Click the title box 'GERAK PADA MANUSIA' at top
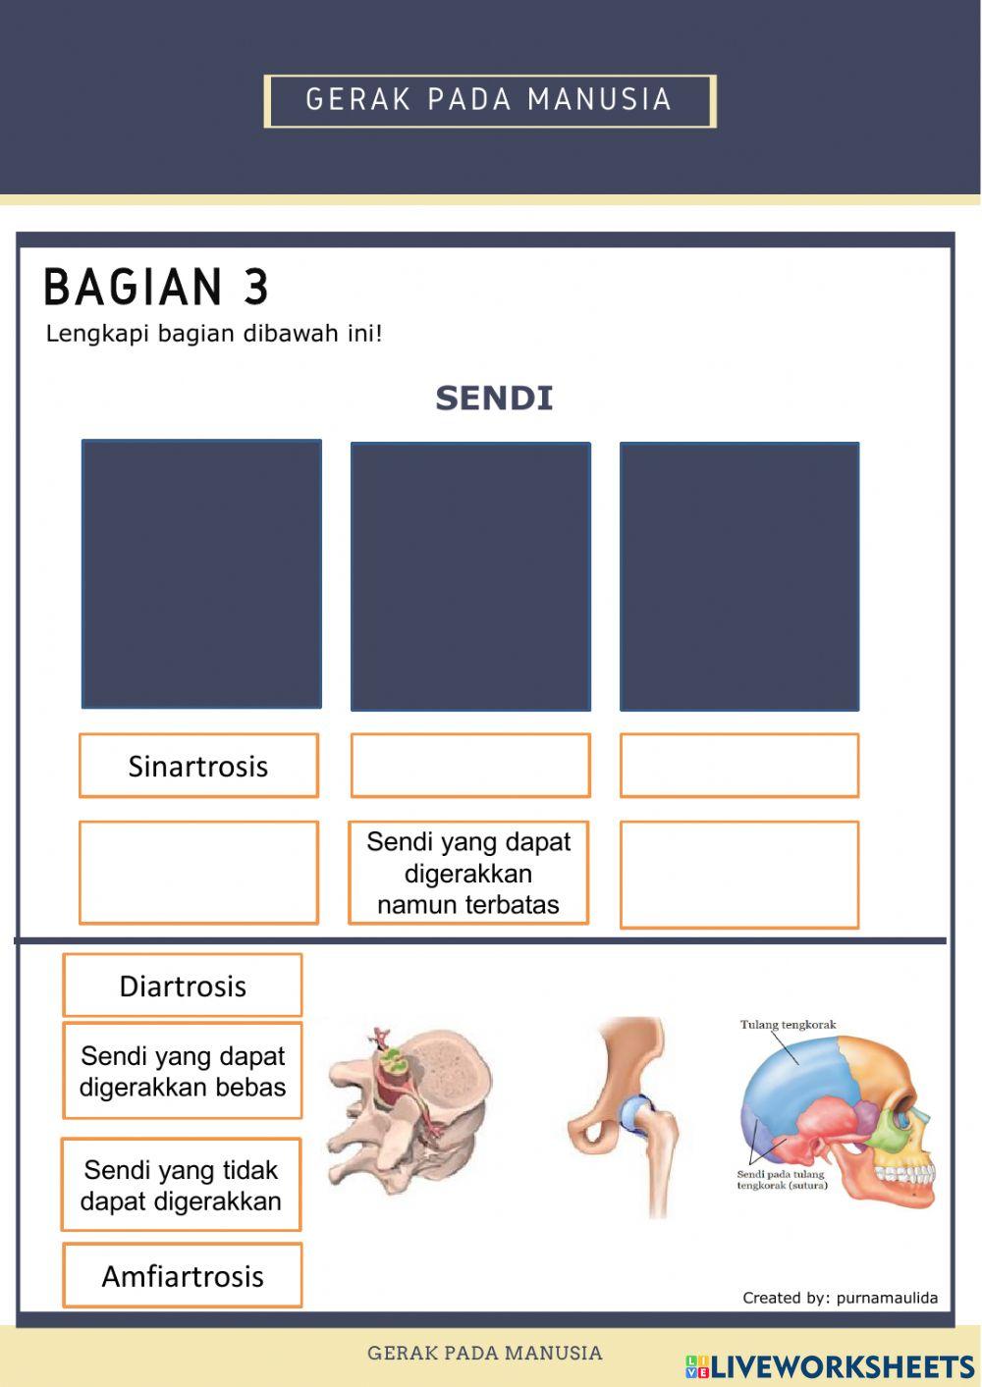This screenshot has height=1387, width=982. coord(489,100)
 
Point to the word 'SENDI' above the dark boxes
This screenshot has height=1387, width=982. coord(494,399)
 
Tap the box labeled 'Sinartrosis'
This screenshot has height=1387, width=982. coord(198,766)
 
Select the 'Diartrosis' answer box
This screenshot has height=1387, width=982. coord(183,986)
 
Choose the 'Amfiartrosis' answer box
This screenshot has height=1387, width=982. coord(183,1276)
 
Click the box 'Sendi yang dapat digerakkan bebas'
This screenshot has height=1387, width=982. coord(183,1072)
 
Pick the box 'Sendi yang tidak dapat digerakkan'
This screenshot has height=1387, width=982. coord(181,1185)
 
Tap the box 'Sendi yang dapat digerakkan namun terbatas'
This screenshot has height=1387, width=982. coord(468,873)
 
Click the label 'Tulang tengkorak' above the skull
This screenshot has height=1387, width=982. coord(788,1025)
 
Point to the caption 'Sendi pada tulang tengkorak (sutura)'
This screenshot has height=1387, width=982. coord(782,1180)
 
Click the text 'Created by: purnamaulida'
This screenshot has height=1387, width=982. coord(840,1298)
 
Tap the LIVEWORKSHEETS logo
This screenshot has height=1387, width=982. coord(830,1366)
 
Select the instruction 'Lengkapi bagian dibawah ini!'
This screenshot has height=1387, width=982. coord(214,334)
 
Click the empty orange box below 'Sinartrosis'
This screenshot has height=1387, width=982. coord(198,873)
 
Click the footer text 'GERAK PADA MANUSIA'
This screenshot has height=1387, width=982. coord(485,1353)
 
